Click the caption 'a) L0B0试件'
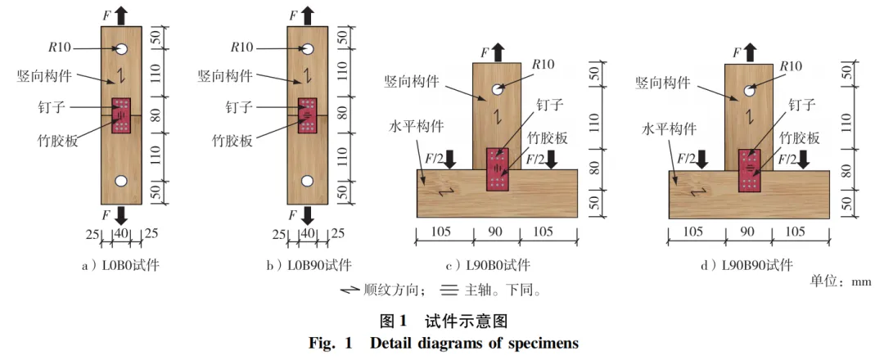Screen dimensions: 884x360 click(x=121, y=265)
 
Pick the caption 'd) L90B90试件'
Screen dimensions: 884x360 click(x=751, y=265)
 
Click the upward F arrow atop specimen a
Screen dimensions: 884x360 click(x=121, y=14)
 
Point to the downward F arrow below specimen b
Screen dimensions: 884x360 click(x=308, y=214)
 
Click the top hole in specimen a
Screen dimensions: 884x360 click(x=121, y=48)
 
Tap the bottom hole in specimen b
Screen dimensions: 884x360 click(x=308, y=181)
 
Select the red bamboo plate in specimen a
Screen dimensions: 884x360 click(x=121, y=115)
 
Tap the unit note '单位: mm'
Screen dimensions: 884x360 click(x=840, y=281)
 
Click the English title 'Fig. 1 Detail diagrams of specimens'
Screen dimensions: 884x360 click(x=443, y=343)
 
